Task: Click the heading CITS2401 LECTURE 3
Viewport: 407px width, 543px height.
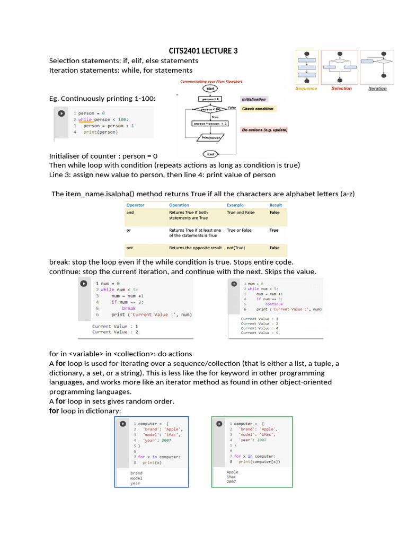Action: (203, 51)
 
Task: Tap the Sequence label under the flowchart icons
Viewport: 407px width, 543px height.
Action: (306, 89)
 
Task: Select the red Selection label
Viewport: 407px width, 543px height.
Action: (341, 89)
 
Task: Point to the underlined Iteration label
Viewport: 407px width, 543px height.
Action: (377, 89)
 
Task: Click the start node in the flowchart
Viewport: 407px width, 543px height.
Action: (210, 88)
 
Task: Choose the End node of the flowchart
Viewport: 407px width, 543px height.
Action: (210, 154)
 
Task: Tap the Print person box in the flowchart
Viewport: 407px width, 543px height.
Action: (210, 137)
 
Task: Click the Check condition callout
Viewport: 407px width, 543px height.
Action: (258, 109)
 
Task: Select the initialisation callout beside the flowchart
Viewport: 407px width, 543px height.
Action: (254, 99)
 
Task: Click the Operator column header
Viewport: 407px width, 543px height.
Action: (135, 205)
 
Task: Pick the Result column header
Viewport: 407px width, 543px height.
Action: (276, 205)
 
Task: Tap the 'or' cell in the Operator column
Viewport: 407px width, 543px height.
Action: (129, 230)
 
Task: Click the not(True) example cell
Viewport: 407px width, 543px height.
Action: (237, 248)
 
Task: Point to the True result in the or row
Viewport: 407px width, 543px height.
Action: (274, 230)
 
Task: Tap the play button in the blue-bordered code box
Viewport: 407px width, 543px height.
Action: (122, 424)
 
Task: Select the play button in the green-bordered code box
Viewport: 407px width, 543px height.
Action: (219, 424)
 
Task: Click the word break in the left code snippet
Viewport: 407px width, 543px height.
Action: (129, 308)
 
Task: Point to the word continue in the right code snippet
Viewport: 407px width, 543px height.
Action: (274, 304)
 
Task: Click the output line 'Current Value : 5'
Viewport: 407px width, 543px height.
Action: (260, 334)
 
